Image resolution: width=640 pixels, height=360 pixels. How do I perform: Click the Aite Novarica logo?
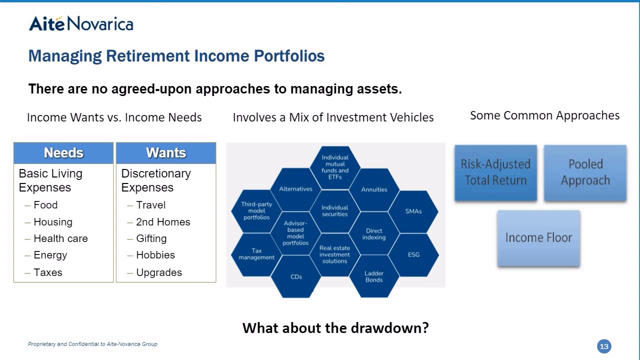coord(81,23)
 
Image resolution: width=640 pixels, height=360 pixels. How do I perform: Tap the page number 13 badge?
coord(604,346)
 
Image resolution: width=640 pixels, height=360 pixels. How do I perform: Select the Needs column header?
coord(63,153)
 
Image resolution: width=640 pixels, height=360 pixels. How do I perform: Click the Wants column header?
coord(166,153)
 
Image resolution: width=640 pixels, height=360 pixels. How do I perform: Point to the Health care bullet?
coord(60,238)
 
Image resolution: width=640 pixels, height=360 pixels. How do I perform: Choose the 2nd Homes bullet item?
coord(163,221)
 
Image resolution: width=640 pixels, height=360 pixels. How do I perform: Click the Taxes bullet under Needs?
coord(47,272)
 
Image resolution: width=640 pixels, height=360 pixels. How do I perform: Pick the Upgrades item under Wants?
coord(159,272)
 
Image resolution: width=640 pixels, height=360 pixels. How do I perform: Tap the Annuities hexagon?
coord(374,189)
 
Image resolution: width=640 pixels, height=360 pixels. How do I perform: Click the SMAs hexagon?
coord(413,211)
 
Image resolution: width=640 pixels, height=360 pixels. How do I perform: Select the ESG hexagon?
coord(413,254)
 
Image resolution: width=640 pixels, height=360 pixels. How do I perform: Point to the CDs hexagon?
coord(296,276)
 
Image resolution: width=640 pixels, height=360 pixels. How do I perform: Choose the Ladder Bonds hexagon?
coord(374,276)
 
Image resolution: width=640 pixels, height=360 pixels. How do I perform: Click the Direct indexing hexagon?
coord(374,233)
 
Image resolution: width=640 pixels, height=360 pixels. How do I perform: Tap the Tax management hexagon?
coord(256,254)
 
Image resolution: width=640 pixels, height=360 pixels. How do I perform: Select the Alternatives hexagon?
coord(295,189)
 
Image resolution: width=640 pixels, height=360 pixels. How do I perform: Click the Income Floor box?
coord(538,238)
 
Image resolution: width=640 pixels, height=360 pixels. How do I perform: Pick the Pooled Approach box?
coord(585,172)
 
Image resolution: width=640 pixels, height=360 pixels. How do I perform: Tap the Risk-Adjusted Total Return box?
coord(495,172)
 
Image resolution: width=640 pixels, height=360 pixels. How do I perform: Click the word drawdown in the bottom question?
coord(389,327)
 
